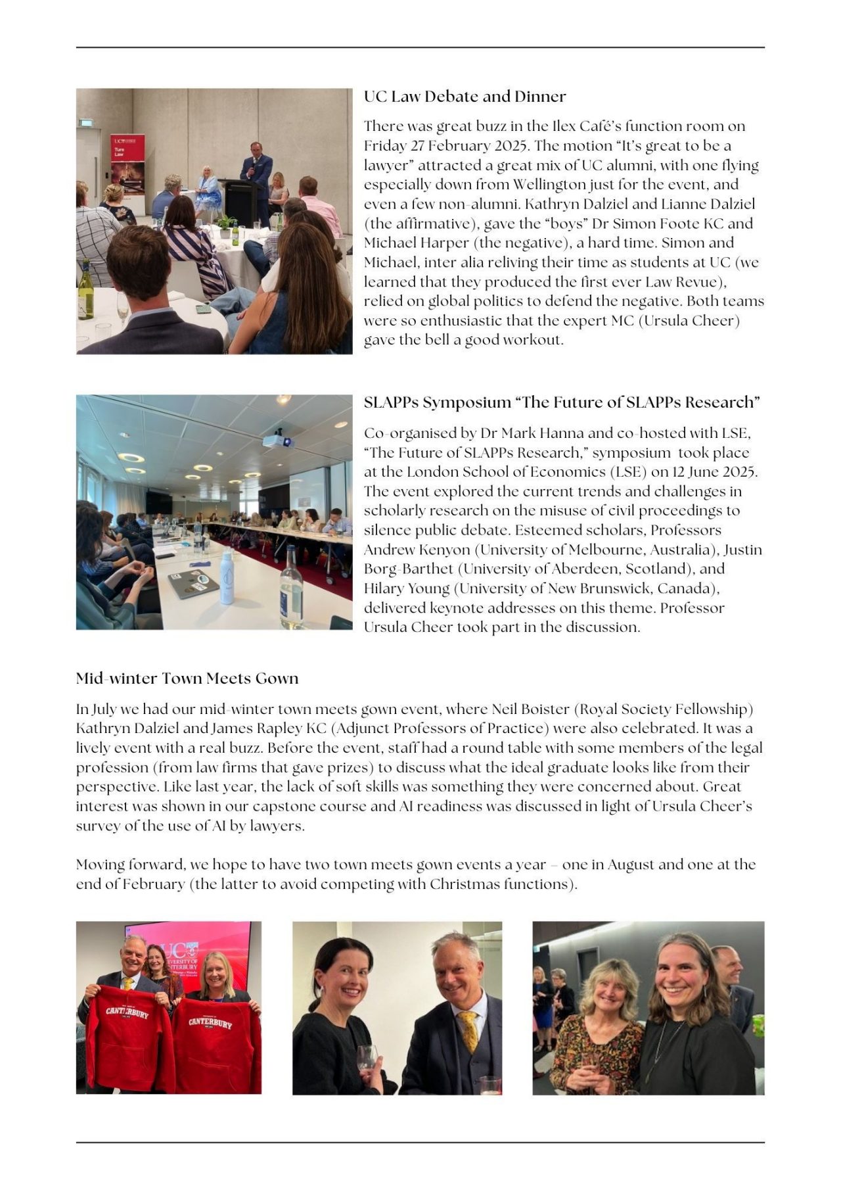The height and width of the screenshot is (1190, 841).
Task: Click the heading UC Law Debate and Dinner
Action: click(x=465, y=97)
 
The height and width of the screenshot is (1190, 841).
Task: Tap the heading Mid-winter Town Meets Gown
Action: click(x=187, y=678)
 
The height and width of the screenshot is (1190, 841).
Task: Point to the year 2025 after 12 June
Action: click(x=739, y=472)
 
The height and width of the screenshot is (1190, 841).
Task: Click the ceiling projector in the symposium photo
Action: click(x=277, y=439)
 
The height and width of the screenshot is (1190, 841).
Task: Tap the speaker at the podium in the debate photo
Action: click(x=255, y=168)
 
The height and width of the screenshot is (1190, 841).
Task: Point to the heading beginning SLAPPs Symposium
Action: click(x=562, y=402)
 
